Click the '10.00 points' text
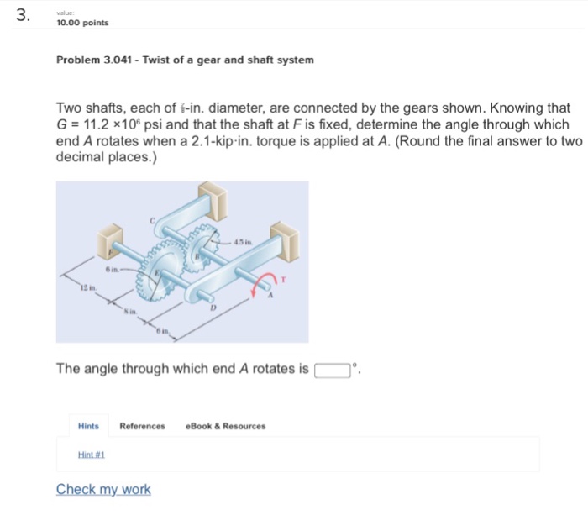(82, 23)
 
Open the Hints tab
(88, 426)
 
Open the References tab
(142, 426)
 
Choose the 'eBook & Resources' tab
(225, 426)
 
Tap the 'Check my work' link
(103, 490)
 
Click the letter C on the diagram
(152, 218)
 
